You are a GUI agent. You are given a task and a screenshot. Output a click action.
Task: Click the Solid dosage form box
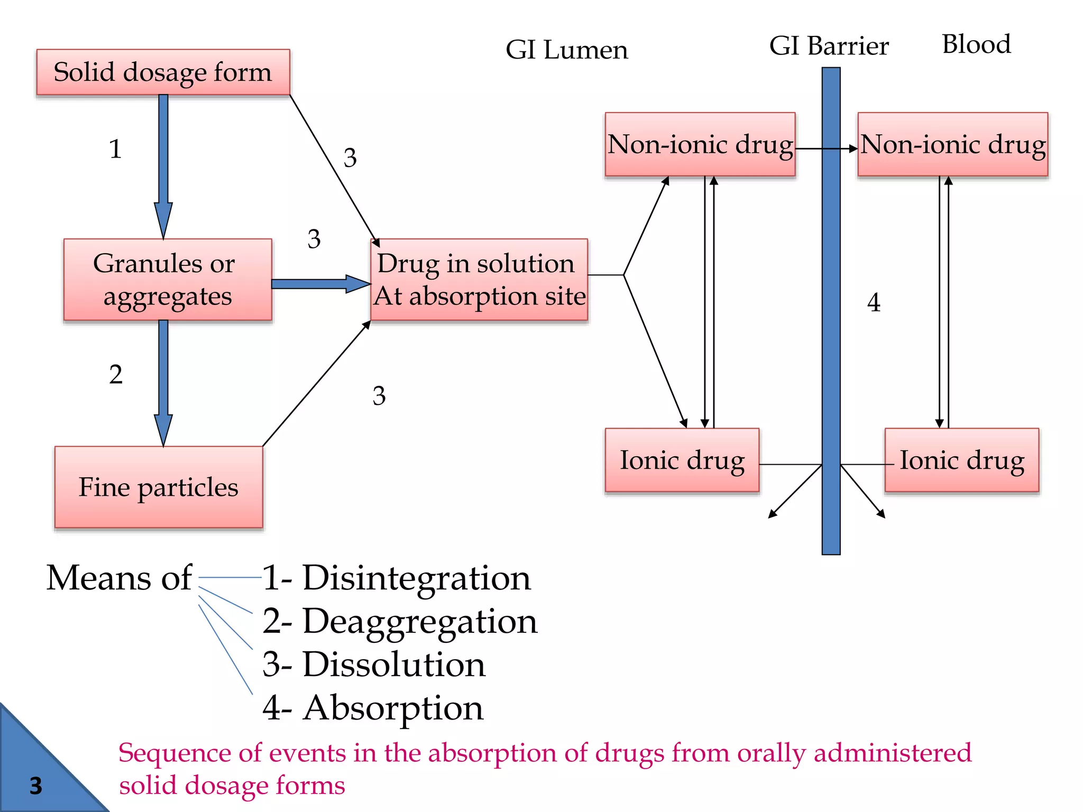163,72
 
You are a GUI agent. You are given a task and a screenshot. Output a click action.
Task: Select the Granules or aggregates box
167,279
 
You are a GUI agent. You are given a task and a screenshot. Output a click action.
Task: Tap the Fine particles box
159,487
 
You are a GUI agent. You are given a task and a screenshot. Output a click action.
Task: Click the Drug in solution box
479,279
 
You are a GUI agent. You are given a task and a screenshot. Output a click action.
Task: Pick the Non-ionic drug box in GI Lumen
700,144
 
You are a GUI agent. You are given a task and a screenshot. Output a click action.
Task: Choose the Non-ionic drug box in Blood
952,144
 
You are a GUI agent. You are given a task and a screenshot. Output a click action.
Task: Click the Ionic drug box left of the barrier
682,460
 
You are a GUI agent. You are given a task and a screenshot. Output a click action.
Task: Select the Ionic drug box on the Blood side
961,460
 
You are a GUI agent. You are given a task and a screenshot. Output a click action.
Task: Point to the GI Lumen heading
566,50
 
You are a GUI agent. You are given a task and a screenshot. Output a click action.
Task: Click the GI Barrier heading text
829,47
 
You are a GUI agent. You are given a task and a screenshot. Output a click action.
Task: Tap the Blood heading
976,44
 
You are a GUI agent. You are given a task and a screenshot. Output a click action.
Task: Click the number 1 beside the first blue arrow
115,149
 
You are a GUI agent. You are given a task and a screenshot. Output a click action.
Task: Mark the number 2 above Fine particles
116,375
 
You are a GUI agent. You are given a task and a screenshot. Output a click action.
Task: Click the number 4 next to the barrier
874,303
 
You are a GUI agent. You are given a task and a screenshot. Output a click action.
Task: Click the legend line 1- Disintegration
397,578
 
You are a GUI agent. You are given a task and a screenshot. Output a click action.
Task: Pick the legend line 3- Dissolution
374,665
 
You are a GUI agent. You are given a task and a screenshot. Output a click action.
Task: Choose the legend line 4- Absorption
373,708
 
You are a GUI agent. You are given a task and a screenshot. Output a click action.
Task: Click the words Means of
119,578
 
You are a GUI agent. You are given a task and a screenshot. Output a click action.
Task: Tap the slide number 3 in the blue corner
35,786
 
